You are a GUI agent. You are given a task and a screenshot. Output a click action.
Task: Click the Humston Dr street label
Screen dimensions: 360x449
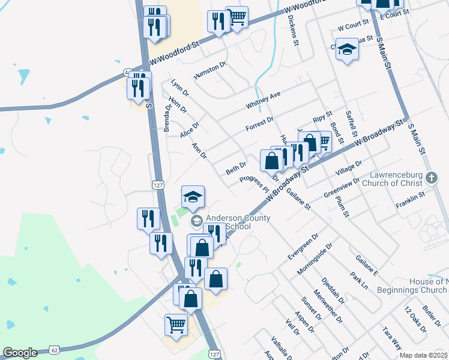[x=209, y=70]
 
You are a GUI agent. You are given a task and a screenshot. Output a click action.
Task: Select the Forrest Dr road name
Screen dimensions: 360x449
[x=259, y=124]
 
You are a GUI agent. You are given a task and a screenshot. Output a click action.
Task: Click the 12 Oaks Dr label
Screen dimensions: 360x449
[x=415, y=320]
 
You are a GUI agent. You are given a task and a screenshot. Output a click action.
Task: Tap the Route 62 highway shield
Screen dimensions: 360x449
[x=55, y=349]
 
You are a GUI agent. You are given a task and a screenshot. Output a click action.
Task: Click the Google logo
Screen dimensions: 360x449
[x=20, y=353]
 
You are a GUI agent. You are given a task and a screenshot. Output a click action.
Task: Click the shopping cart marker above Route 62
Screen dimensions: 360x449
[x=176, y=326]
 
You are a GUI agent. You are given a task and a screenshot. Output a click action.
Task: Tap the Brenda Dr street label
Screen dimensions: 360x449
[x=167, y=118]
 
